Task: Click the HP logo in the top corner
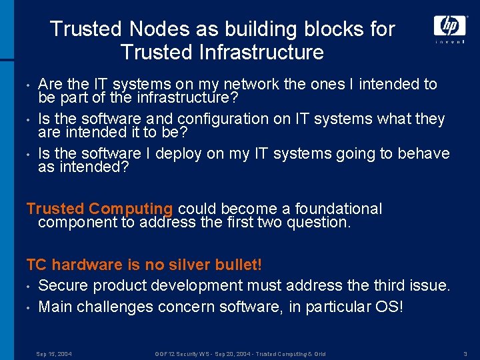click(x=450, y=25)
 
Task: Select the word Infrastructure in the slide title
click(x=259, y=52)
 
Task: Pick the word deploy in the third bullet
click(x=176, y=153)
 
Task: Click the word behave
click(x=424, y=153)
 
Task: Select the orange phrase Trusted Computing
click(x=99, y=209)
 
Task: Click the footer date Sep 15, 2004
click(x=54, y=353)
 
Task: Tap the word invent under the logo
click(x=450, y=42)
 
